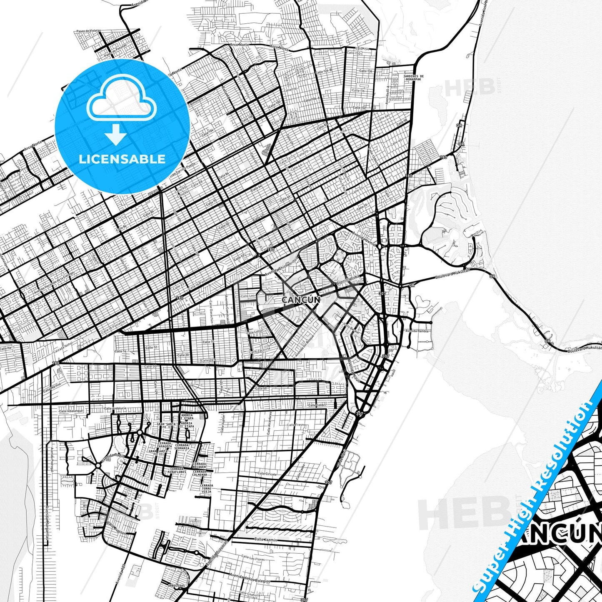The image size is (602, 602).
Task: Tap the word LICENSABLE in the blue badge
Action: [122, 159]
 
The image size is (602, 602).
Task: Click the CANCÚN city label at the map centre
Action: [301, 300]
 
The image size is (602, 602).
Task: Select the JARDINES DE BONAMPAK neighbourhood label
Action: [413, 77]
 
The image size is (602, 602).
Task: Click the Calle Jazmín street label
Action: [265, 540]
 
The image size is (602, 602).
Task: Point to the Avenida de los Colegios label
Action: [250, 578]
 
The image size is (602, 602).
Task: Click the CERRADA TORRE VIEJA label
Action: [206, 488]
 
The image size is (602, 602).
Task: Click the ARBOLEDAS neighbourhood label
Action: [176, 585]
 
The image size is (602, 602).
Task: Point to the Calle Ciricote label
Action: [267, 473]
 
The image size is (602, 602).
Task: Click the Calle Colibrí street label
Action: [316, 405]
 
